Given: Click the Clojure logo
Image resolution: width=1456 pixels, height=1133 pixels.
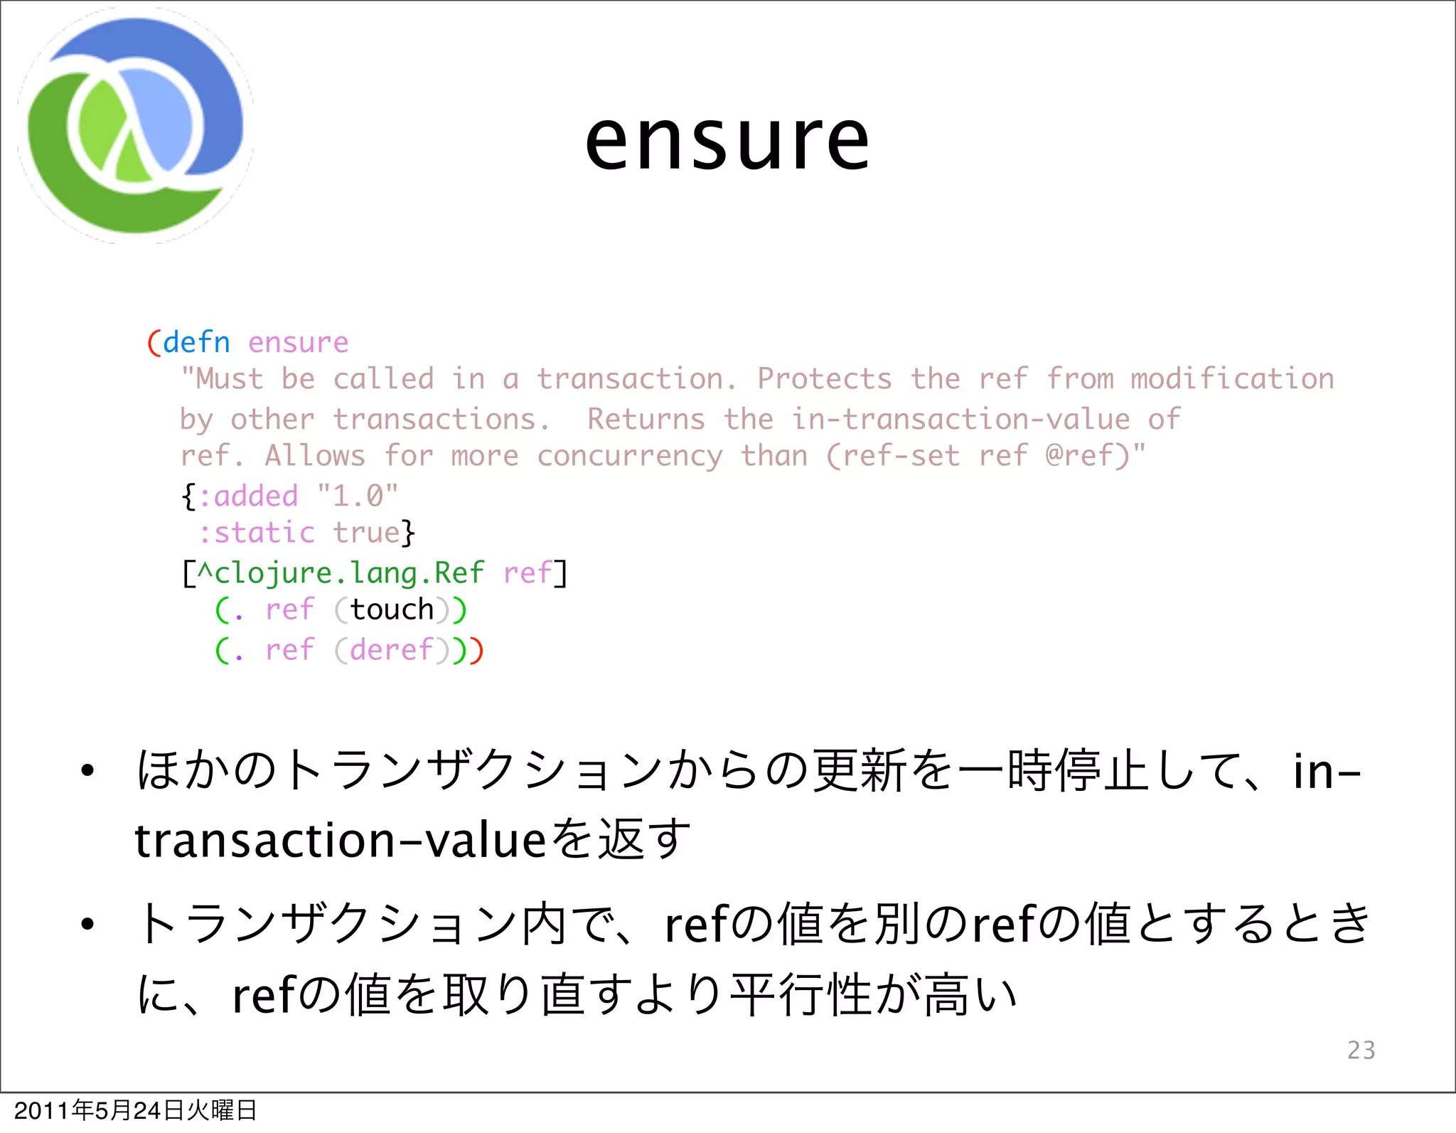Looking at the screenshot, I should [135, 127].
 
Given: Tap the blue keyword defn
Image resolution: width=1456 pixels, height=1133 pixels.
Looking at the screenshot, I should [196, 343].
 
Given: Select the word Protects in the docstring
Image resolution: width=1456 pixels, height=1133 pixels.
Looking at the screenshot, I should [824, 379].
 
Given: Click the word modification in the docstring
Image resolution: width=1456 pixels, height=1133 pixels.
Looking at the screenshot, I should [1232, 379].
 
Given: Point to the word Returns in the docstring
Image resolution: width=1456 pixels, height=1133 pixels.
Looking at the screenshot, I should [646, 420].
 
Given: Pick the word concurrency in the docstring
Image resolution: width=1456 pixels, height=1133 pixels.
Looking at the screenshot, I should [630, 456].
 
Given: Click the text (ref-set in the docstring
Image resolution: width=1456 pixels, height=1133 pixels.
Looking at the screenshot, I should [893, 456].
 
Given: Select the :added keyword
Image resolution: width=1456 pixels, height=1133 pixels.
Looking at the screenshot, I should [248, 496].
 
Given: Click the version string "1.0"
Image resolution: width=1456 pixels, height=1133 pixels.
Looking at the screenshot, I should [358, 496].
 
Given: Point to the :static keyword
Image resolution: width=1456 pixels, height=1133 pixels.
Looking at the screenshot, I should [256, 533].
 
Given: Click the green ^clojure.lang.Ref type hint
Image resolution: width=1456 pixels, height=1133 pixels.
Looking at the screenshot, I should [341, 573].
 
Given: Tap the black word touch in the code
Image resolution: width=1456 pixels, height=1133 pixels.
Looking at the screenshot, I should [392, 610].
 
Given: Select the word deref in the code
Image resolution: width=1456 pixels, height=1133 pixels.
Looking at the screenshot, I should [392, 650].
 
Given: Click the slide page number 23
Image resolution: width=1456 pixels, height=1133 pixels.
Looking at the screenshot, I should [1361, 1050].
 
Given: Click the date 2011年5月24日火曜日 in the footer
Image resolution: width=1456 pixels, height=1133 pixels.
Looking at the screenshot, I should [135, 1110].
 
